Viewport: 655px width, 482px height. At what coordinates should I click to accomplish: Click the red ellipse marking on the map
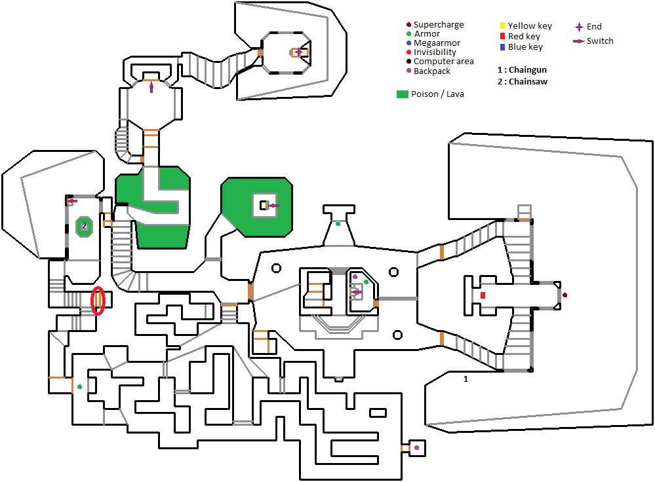pos(98,301)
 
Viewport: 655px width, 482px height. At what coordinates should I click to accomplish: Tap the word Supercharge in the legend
pos(438,25)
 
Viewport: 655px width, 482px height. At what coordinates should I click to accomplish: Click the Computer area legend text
pos(443,62)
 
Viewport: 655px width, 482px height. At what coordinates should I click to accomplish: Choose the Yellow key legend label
pos(530,26)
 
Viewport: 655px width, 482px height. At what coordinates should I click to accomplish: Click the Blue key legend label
pos(525,47)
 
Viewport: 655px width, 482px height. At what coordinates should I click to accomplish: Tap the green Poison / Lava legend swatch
pos(402,94)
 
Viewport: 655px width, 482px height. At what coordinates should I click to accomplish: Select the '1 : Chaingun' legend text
pos(522,70)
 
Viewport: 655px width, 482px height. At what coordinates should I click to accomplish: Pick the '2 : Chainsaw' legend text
pos(523,82)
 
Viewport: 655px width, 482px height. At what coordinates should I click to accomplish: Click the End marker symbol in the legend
pos(579,27)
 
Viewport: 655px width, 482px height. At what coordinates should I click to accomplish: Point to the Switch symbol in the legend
pos(578,41)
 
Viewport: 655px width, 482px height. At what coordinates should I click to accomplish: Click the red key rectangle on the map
pos(483,295)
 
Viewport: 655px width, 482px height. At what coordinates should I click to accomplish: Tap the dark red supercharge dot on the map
pos(565,295)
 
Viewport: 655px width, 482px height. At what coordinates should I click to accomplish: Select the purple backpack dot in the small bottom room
pos(416,448)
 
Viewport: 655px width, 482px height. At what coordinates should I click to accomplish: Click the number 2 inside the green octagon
pos(84,226)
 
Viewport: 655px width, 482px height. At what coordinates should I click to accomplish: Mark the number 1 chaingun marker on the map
pos(466,379)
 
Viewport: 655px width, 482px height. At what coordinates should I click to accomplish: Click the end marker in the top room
pos(299,52)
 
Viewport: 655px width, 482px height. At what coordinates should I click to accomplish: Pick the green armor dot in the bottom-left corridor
pos(80,387)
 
